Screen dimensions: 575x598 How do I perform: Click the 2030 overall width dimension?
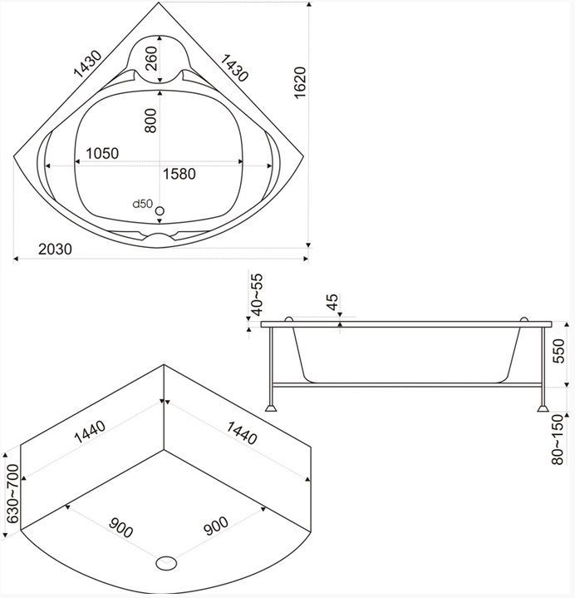click(55, 249)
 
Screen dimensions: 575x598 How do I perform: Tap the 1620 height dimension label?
click(300, 83)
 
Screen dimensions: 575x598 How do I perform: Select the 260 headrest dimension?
click(151, 58)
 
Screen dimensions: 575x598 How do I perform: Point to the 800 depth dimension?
click(150, 121)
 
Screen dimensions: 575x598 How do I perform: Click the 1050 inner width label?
click(101, 153)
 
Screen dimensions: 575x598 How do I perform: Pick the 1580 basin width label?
click(179, 174)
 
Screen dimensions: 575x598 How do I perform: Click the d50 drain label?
click(143, 204)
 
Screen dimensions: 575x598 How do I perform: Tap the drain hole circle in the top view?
click(160, 210)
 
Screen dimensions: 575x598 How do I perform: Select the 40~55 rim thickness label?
click(258, 294)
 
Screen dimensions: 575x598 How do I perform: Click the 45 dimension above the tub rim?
click(332, 302)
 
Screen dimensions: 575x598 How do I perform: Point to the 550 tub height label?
click(558, 351)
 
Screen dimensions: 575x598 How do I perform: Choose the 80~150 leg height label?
click(558, 439)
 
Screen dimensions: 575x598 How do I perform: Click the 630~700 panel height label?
click(13, 493)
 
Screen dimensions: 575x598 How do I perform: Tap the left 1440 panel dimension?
click(90, 432)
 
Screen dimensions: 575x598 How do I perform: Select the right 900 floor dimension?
click(216, 526)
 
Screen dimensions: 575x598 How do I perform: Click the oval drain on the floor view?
click(166, 563)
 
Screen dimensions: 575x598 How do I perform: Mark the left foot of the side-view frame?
click(272, 408)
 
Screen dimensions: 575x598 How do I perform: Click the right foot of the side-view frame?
click(543, 408)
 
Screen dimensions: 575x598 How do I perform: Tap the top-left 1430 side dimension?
click(88, 63)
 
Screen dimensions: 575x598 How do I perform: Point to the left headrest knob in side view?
click(289, 319)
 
